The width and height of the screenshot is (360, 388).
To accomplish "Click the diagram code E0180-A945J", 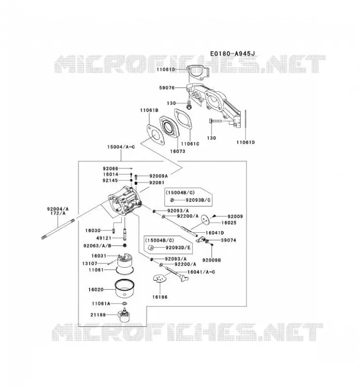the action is (x=232, y=53).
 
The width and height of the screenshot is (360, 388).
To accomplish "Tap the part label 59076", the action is (x=167, y=88).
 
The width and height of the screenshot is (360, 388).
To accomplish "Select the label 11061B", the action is (x=149, y=110).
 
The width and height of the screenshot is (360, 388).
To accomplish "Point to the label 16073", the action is (x=178, y=151).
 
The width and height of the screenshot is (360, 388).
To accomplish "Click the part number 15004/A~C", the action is (x=121, y=147).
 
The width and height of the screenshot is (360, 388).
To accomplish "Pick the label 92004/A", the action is (x=58, y=209).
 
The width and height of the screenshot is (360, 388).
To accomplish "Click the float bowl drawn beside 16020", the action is (x=125, y=289).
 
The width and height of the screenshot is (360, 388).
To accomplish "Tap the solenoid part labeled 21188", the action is (x=125, y=315).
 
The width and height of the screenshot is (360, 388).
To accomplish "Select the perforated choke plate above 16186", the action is (x=160, y=278).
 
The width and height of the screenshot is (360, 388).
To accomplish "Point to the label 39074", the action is (x=229, y=240).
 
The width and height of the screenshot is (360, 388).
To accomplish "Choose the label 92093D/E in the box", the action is (x=178, y=247).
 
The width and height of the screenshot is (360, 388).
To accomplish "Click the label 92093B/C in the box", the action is (x=198, y=200).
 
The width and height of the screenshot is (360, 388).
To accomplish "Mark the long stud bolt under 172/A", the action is (x=58, y=228).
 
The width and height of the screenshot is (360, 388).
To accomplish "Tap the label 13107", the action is (x=90, y=263).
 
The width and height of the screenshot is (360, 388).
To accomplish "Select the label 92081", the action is (x=157, y=183).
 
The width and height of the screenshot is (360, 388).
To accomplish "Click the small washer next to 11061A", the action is (x=125, y=304).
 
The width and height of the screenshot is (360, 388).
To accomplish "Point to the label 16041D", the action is (x=214, y=233).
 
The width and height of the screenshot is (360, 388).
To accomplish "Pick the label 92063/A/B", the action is (x=98, y=245).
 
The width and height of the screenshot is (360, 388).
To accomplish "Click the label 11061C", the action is (x=190, y=144).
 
